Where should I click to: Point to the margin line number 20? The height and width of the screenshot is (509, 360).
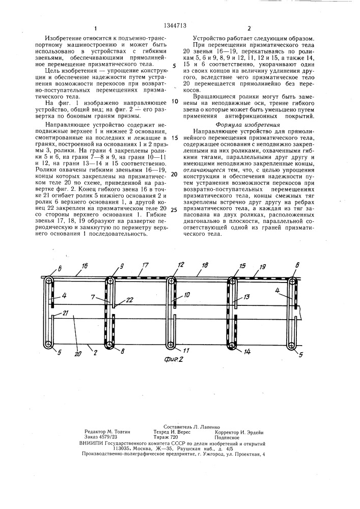(175, 174)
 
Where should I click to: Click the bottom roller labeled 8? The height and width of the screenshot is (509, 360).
(109, 345)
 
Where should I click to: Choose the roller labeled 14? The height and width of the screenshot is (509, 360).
(232, 345)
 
